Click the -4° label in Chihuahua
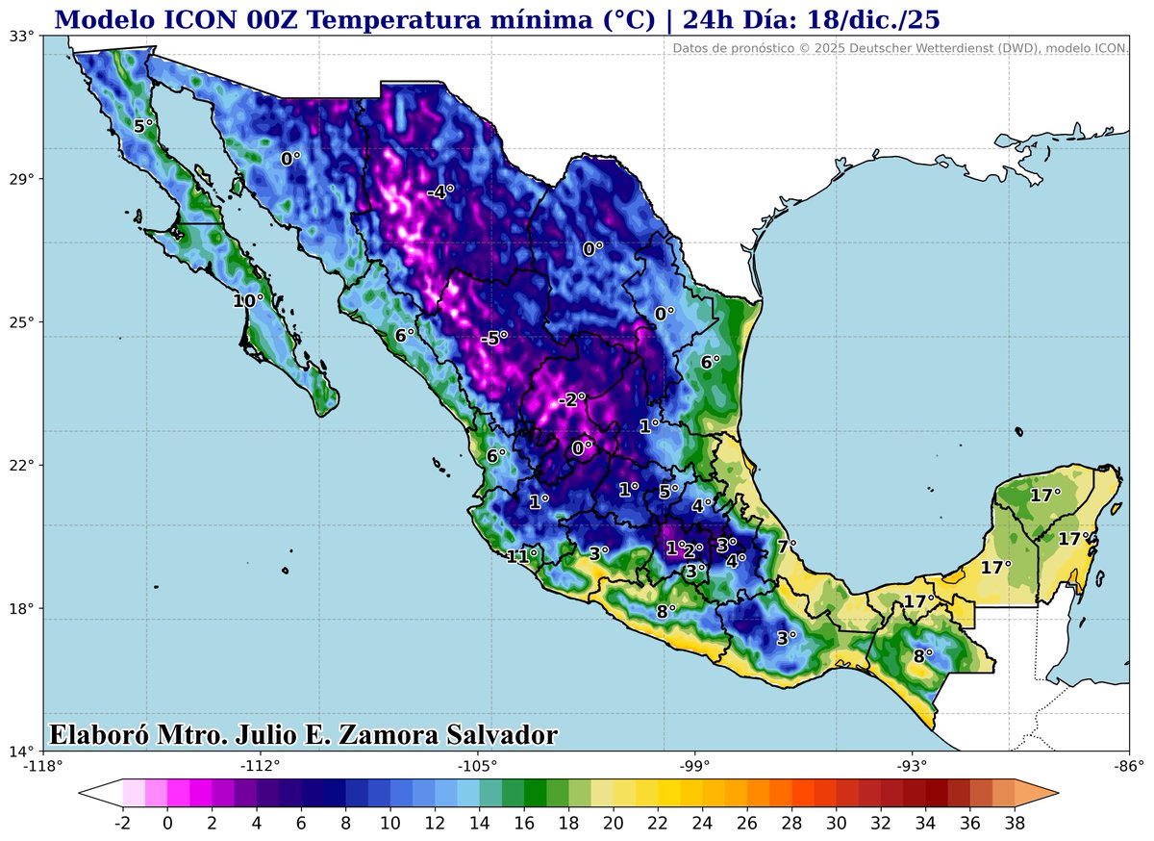pos(439,191)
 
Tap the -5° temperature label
pos(493,339)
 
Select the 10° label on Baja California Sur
pos(248,301)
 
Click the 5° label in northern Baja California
pos(144,126)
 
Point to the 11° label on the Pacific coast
pos(522,556)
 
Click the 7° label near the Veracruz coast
pos(787,547)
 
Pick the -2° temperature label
pos(572,399)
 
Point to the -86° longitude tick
pos(1129,767)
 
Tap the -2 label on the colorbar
pos(122,824)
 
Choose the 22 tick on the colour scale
pos(658,824)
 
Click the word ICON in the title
pos(189,17)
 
